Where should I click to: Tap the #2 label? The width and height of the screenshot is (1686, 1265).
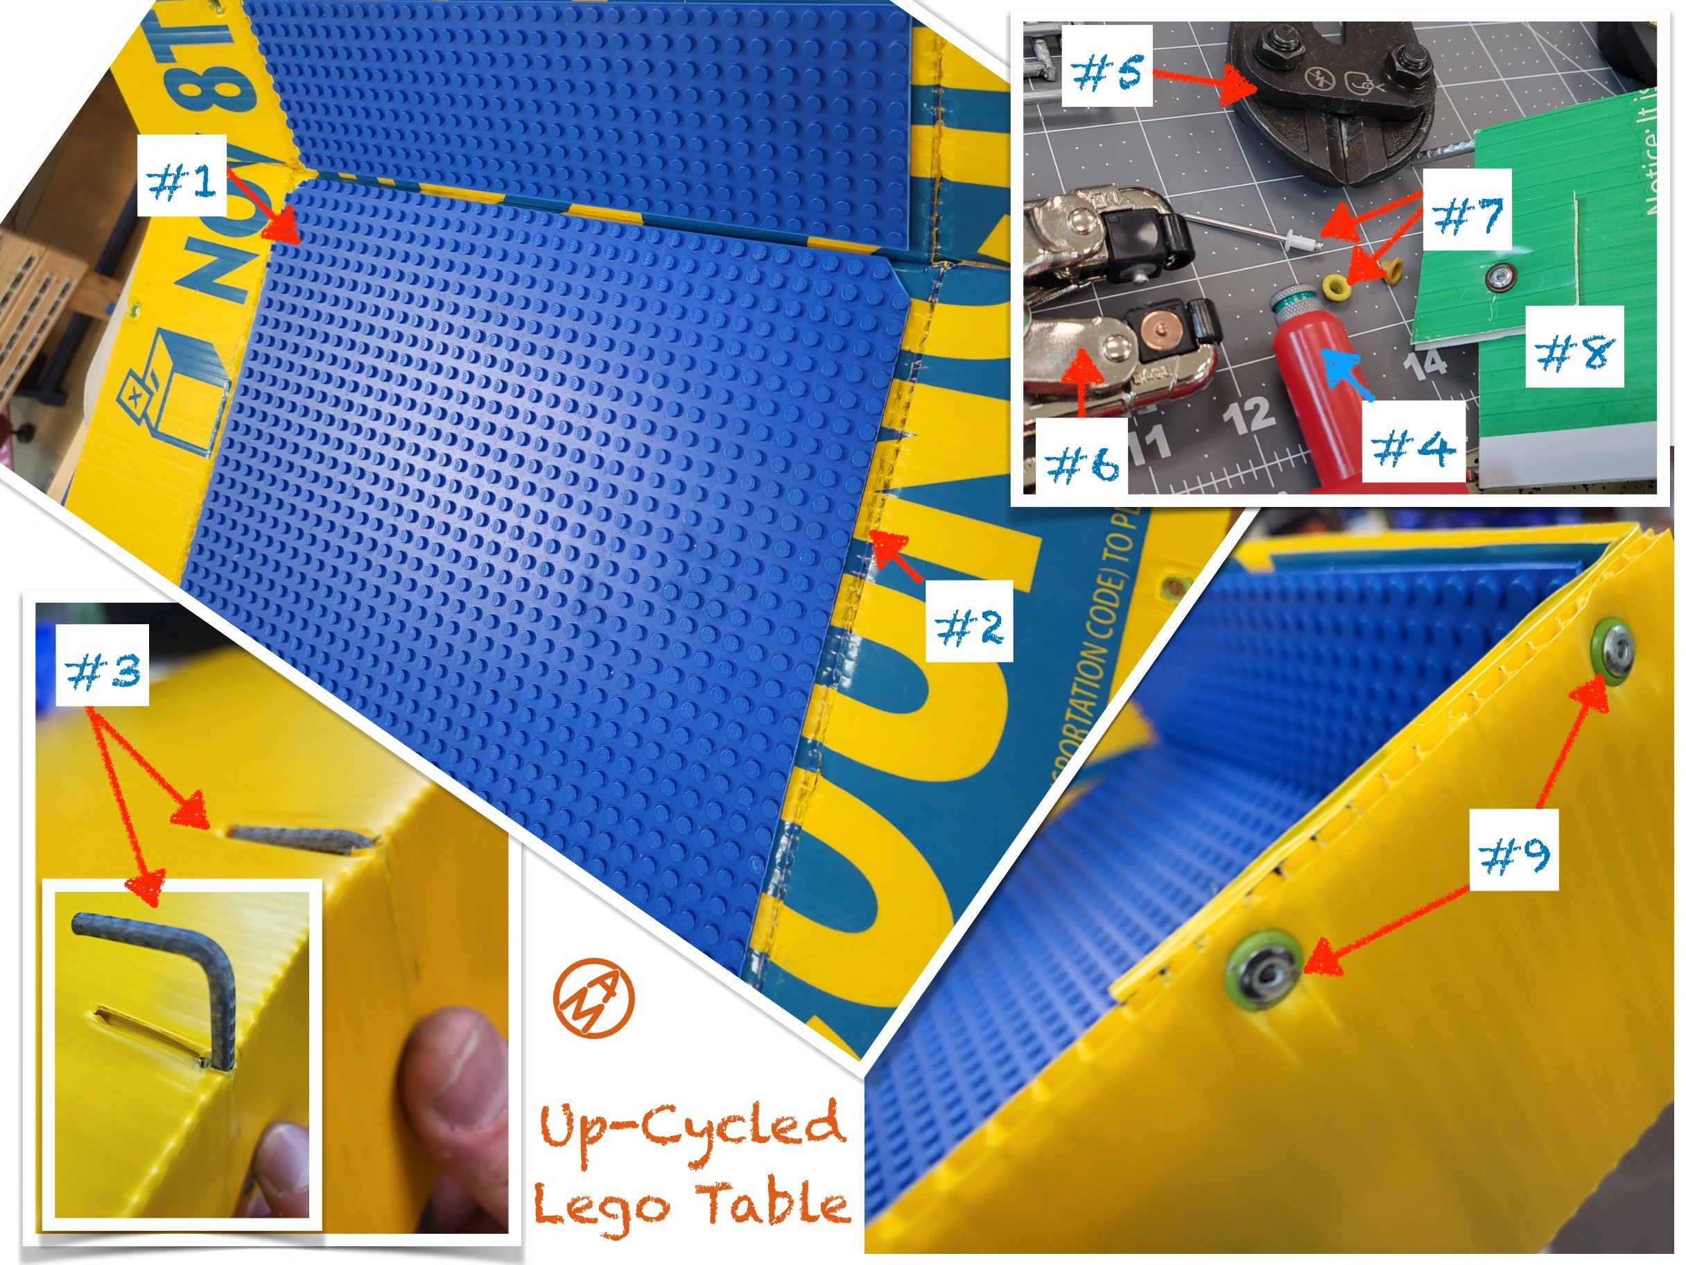click(x=968, y=620)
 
